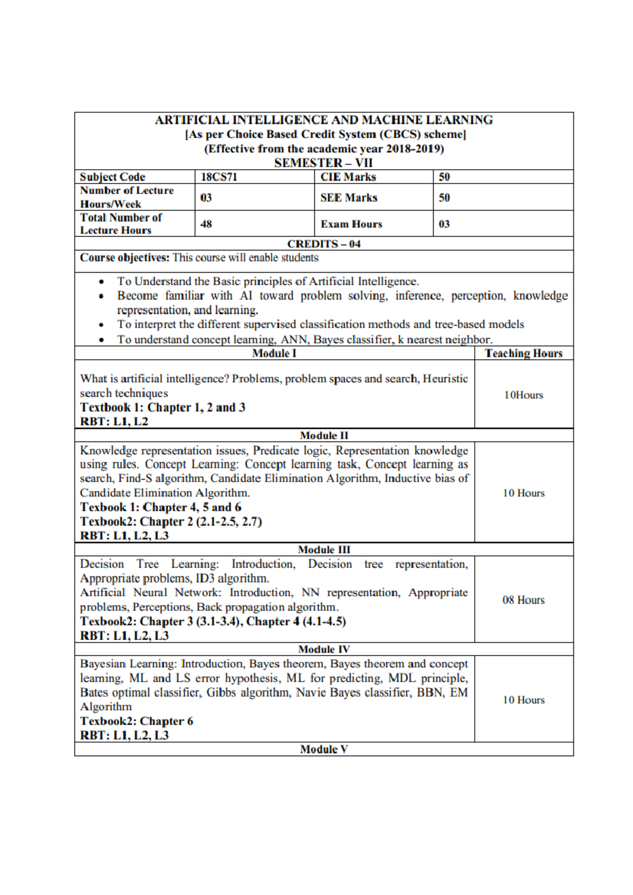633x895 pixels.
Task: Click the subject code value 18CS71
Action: [x=219, y=177]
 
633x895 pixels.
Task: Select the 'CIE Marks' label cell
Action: [x=348, y=177]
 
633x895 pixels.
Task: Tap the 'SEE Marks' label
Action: [x=349, y=198]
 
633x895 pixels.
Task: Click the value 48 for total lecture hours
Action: [x=206, y=224]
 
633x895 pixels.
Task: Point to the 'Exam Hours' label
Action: [x=351, y=224]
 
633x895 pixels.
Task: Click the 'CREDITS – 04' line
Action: [x=324, y=244]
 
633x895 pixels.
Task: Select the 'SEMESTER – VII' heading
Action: [x=323, y=163]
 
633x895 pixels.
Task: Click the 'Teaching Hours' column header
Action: [x=523, y=353]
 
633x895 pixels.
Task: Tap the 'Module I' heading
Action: [x=274, y=353]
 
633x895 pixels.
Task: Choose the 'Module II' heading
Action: [x=324, y=436]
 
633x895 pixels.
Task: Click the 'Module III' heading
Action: [x=324, y=550]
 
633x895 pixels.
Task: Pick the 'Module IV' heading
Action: [x=324, y=649]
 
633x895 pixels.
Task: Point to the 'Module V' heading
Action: [x=324, y=749]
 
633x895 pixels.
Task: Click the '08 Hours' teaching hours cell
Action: [x=523, y=600]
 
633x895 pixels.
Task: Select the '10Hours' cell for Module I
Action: [x=523, y=395]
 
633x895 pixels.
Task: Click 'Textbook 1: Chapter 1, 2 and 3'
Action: [x=162, y=408]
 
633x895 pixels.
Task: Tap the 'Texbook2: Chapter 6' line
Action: [x=137, y=721]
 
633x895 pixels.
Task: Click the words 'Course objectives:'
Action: [x=124, y=258]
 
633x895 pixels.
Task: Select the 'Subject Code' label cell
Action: [x=112, y=177]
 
